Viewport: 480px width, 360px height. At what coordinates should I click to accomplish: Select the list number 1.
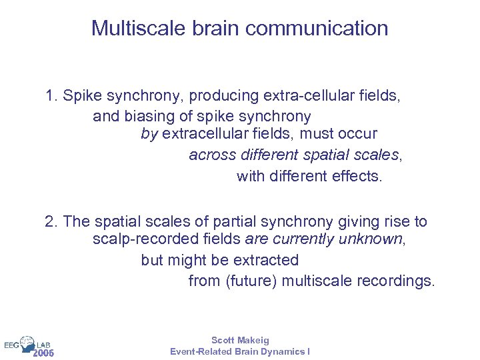click(51, 96)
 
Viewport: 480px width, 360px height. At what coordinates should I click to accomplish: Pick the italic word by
click(149, 135)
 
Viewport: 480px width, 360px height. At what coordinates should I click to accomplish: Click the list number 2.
click(51, 221)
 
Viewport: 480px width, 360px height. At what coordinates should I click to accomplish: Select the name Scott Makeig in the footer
click(240, 341)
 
